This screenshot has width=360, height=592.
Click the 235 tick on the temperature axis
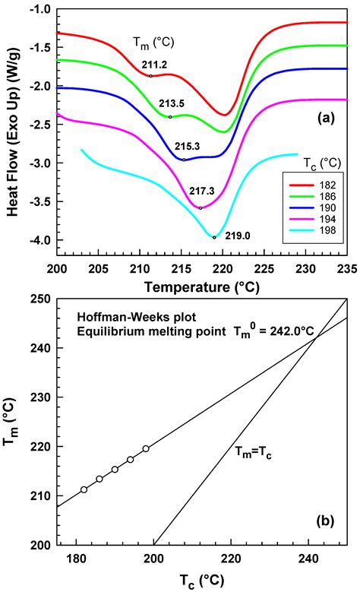346,269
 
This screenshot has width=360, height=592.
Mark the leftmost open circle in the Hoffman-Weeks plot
84,489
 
